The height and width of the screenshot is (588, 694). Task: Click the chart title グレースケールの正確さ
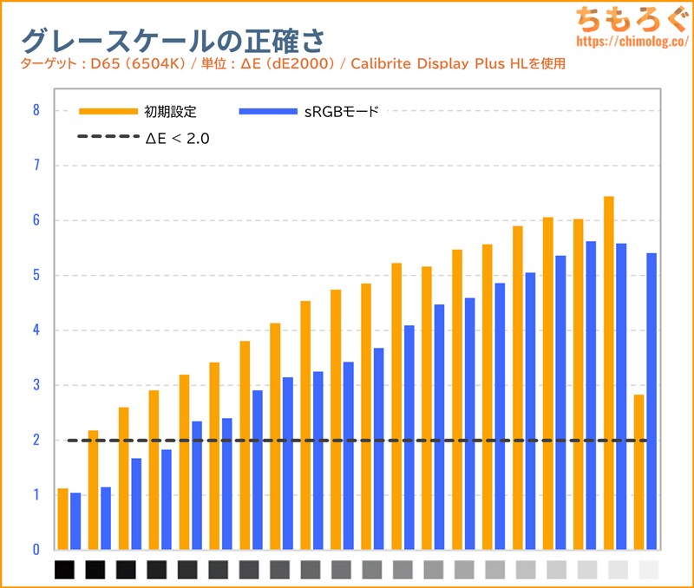point(173,40)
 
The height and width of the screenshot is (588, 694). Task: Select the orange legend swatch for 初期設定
point(108,111)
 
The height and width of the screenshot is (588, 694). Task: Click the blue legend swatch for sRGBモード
point(272,111)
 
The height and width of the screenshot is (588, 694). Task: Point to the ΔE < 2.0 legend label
point(178,137)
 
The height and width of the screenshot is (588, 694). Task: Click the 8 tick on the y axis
point(36,110)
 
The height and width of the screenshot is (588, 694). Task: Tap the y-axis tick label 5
point(36,275)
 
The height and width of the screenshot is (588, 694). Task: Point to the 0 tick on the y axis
point(36,550)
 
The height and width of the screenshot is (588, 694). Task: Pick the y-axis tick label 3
point(36,385)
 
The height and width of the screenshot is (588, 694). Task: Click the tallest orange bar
point(609,373)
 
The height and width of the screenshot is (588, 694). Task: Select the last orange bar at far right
point(639,472)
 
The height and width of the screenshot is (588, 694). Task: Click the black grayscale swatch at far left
point(65,570)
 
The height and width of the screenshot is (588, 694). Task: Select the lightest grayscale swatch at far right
point(648,570)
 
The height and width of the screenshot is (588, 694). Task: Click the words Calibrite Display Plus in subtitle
point(423,64)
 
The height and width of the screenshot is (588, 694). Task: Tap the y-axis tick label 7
point(36,165)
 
